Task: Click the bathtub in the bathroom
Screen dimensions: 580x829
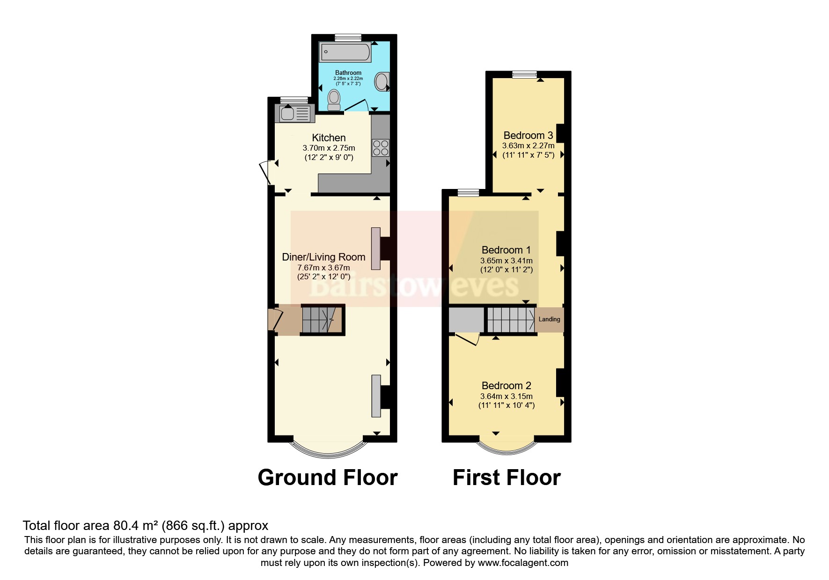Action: pos(345,52)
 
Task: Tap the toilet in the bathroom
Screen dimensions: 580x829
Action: pos(334,100)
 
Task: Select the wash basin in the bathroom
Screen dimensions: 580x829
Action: pos(381,82)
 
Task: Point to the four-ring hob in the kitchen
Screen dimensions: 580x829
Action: pos(380,148)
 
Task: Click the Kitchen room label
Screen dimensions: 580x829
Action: pos(329,138)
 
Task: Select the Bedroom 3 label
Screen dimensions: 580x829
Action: pos(528,135)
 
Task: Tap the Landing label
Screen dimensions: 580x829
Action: pos(549,319)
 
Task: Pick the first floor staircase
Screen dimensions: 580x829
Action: pos(511,319)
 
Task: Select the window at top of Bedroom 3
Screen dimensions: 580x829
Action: pos(524,74)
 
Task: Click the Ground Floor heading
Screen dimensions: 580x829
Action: pos(327,478)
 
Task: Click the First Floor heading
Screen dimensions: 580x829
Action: pos(506,478)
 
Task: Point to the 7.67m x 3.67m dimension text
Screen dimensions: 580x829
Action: pos(323,268)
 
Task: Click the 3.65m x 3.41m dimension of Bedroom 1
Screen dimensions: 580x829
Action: pos(506,261)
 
